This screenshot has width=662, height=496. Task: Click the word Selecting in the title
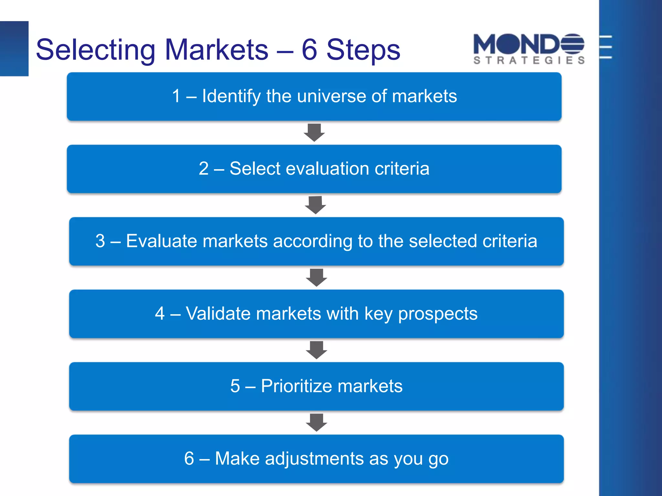click(x=96, y=50)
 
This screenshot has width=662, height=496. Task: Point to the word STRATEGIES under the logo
click(x=529, y=60)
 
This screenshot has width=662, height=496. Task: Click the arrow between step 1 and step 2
click(x=314, y=132)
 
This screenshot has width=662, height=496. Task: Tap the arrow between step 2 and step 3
click(x=315, y=205)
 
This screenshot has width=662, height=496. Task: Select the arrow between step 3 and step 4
click(x=316, y=277)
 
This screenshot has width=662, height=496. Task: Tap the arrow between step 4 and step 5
click(x=316, y=350)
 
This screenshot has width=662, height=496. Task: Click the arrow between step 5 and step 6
click(x=316, y=422)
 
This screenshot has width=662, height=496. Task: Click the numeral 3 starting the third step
click(x=100, y=241)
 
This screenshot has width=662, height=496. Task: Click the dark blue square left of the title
click(x=14, y=48)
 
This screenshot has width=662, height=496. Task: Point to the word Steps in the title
click(x=363, y=50)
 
